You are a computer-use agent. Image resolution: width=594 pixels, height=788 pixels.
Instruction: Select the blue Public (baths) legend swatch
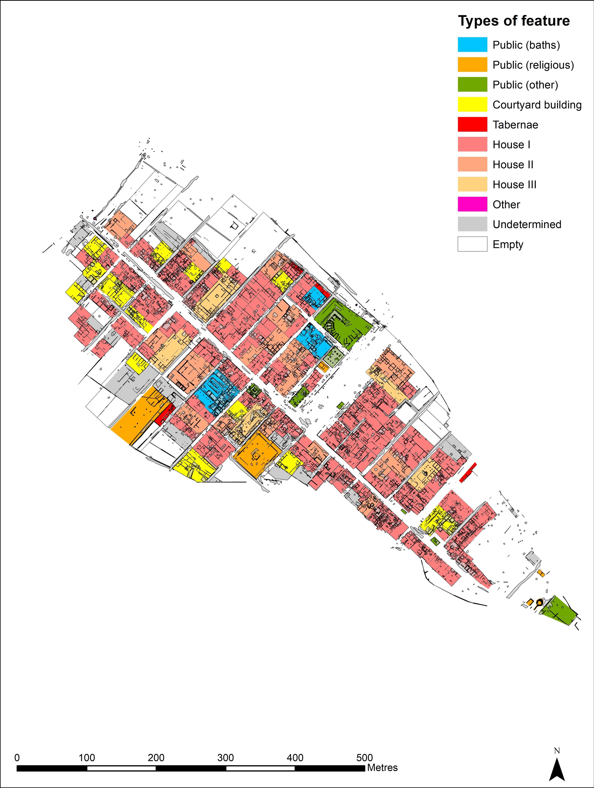473,45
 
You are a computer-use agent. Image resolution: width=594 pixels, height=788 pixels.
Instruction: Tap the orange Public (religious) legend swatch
473,65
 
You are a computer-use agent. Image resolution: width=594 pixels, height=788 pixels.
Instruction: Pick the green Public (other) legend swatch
473,85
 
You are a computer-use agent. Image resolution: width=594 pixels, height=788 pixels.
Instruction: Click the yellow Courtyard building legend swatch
473,105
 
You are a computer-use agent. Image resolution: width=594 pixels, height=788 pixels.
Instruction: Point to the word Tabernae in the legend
515,125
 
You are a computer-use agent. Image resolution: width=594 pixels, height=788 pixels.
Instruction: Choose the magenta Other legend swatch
473,204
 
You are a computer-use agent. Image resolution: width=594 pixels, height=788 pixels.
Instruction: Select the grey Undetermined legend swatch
473,224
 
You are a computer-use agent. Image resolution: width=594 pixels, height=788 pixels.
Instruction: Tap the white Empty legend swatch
473,244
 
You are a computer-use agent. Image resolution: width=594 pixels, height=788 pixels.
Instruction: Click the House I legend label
511,145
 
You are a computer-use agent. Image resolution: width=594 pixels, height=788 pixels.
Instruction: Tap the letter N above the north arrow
556,748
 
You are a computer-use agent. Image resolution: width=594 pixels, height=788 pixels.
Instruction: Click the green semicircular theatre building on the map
341,322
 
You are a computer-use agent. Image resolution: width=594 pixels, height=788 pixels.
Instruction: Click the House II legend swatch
473,165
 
